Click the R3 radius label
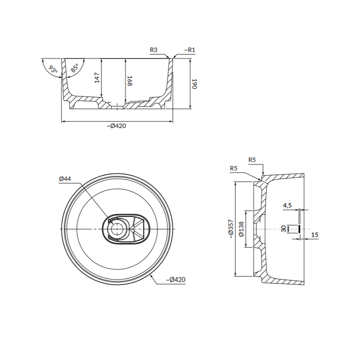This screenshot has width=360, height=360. (153, 50)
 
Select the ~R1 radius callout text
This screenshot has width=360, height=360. (189, 50)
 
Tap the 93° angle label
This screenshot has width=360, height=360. (53, 69)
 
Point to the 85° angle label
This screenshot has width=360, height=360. (74, 68)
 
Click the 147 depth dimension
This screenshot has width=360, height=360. (97, 77)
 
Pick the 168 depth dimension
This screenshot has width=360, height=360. (129, 81)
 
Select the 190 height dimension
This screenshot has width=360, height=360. (194, 84)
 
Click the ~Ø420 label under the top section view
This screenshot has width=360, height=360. (116, 126)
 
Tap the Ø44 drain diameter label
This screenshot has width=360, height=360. (65, 179)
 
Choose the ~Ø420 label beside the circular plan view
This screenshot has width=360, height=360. (175, 279)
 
